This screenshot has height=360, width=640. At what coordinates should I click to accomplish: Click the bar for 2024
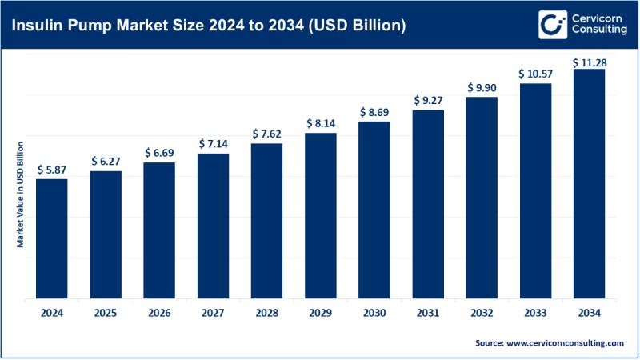tap(52, 238)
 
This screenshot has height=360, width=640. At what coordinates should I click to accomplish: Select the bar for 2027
tap(213, 226)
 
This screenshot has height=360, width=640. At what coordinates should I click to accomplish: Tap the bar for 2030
tap(374, 210)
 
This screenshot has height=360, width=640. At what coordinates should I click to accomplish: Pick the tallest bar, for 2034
tap(588, 183)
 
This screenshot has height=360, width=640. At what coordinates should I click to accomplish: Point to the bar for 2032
tap(481, 198)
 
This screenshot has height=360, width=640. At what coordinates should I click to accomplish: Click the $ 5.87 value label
tap(52, 170)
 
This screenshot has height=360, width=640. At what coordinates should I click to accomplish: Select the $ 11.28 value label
tap(588, 61)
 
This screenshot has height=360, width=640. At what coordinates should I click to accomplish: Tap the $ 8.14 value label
tap(320, 124)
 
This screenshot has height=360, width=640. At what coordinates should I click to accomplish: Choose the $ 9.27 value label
tap(427, 101)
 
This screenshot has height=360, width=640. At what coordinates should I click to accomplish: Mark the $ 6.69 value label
tap(159, 153)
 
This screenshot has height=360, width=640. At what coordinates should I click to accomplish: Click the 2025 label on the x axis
tap(106, 313)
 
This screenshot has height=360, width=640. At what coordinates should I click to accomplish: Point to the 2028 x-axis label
tap(266, 313)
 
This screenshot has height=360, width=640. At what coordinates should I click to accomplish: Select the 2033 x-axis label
tap(534, 313)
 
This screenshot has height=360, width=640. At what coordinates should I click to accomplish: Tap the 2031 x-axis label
tap(427, 313)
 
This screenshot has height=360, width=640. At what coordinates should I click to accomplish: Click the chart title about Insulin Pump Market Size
tap(209, 26)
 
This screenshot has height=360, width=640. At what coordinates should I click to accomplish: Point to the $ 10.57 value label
tap(534, 74)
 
